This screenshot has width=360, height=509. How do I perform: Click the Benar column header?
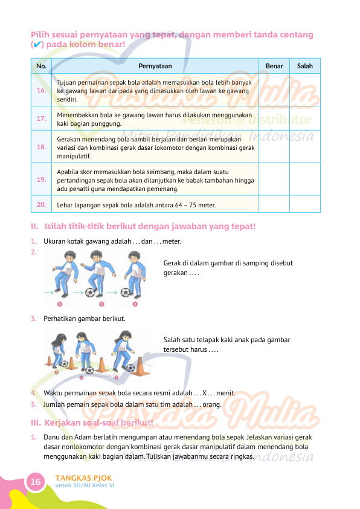pyautogui.click(x=274, y=66)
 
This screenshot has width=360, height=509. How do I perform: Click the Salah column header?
pyautogui.click(x=305, y=66)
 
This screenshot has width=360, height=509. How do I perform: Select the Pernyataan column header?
pyautogui.click(x=155, y=66)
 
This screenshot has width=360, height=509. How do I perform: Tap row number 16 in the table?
pyautogui.click(x=41, y=90)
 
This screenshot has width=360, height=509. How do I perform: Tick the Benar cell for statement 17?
pyautogui.click(x=274, y=118)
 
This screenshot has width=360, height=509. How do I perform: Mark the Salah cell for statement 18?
pyautogui.click(x=305, y=147)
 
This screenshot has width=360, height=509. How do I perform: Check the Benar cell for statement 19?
pyautogui.click(x=274, y=179)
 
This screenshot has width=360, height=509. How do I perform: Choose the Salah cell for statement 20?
pyautogui.click(x=305, y=204)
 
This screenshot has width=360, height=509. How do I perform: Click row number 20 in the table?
pyautogui.click(x=41, y=204)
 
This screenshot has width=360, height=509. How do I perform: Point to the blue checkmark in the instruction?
pyautogui.click(x=37, y=45)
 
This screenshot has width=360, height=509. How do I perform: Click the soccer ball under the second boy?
pyautogui.click(x=90, y=292)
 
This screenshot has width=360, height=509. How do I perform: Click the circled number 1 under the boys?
pyautogui.click(x=59, y=304)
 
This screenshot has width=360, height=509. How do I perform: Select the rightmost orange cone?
pyautogui.click(x=141, y=366)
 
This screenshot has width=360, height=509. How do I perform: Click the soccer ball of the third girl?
pyautogui.click(x=130, y=368)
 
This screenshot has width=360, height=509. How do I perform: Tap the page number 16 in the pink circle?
pyautogui.click(x=36, y=481)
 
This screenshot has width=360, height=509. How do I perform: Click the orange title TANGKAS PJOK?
pyautogui.click(x=83, y=478)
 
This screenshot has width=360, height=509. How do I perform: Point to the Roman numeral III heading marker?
pyautogui.click(x=36, y=423)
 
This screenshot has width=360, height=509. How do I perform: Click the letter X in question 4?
pyautogui.click(x=204, y=393)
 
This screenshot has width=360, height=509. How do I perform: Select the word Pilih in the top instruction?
pyautogui.click(x=40, y=34)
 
